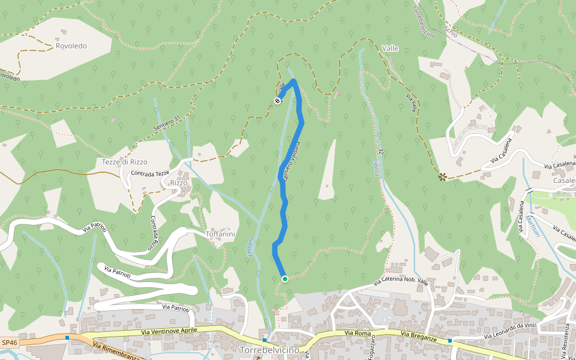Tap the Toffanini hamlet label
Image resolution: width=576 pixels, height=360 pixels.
coord(219,234)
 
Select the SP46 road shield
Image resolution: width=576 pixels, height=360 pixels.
coord(10,341)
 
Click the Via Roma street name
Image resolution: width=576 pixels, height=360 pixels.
coord(358,332)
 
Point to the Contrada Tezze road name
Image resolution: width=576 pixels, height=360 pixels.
coord(150,173)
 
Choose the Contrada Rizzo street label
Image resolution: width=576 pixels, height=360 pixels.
coord(154,233)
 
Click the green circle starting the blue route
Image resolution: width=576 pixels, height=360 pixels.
coord(285,278)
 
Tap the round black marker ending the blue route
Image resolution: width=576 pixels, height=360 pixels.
coord(278,101)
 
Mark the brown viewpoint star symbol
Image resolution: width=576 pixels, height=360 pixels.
coord(443,176)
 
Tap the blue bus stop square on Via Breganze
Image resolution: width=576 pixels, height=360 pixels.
coord(449,340)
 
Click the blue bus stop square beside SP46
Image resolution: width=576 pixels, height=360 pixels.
coord(67,337)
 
